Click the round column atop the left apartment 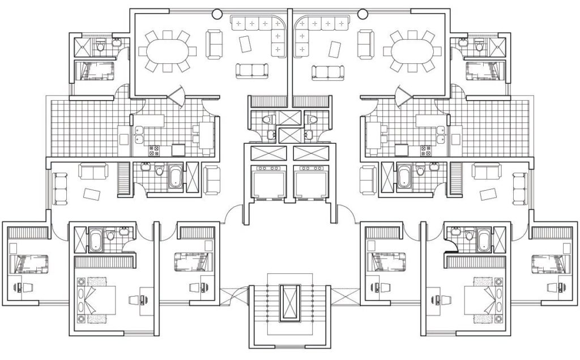tap(216, 13)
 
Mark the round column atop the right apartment tap(363, 13)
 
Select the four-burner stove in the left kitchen tap(155, 151)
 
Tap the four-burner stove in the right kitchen tap(425, 151)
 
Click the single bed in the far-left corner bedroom tap(29, 263)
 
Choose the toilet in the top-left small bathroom tap(100, 46)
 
